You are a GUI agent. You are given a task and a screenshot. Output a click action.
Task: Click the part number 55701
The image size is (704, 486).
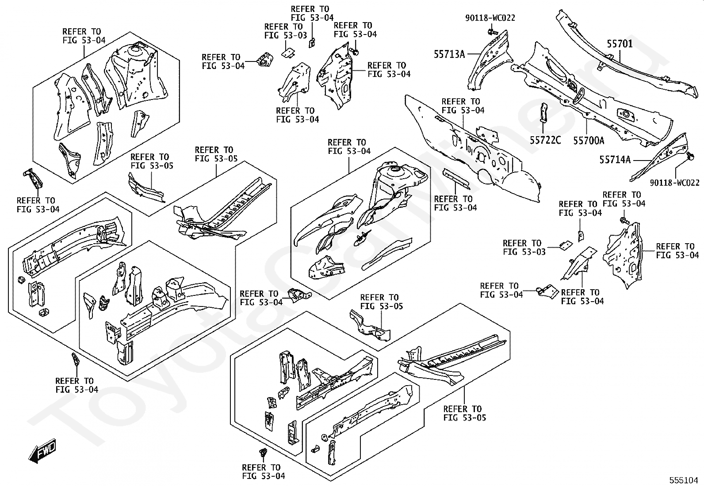point(620,44)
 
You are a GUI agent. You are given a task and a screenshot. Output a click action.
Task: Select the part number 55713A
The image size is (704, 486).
point(449,54)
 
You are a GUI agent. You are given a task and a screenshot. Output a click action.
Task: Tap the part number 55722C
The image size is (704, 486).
point(545,140)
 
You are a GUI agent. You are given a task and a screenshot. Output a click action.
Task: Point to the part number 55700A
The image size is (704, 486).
point(589,141)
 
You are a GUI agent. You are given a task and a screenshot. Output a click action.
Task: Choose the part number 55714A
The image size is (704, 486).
point(615,160)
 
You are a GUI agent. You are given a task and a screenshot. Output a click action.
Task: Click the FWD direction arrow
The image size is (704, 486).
point(42,451)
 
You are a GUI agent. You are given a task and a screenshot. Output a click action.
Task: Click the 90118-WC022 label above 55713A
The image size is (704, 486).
point(490,18)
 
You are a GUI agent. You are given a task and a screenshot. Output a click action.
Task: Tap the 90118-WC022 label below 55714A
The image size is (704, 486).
point(675,183)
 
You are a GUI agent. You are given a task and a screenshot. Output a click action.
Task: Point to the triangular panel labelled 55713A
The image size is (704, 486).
point(489,60)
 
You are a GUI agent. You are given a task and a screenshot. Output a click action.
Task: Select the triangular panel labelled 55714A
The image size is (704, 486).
point(658,157)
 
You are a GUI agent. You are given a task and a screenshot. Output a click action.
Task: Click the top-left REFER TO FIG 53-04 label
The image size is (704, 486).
point(84,36)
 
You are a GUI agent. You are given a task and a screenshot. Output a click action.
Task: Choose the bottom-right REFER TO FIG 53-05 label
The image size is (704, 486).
point(464,413)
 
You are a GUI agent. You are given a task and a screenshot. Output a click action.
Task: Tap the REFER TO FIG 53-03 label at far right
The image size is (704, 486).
point(524,247)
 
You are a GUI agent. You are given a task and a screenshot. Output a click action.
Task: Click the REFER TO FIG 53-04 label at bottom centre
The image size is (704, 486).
point(264,471)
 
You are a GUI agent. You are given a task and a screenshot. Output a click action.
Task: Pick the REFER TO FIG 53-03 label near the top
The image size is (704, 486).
point(285,31)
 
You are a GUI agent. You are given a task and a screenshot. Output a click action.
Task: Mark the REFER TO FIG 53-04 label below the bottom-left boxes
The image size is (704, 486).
point(77,385)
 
